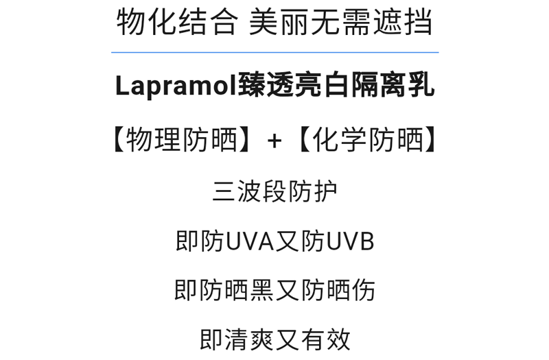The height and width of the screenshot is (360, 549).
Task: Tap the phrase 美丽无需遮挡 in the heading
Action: point(341,22)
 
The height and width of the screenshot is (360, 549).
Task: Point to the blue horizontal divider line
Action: point(274,52)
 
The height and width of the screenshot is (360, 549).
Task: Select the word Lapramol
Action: point(176,86)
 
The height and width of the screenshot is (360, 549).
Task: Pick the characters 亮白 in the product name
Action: point(325,86)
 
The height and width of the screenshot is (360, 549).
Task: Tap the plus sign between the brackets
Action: point(274,141)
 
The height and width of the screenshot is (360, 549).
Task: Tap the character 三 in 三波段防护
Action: point(224,191)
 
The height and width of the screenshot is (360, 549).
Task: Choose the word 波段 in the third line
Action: point(262,191)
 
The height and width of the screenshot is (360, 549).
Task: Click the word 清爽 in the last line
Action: point(250,339)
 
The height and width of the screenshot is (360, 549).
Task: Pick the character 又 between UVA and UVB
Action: point(288,241)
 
